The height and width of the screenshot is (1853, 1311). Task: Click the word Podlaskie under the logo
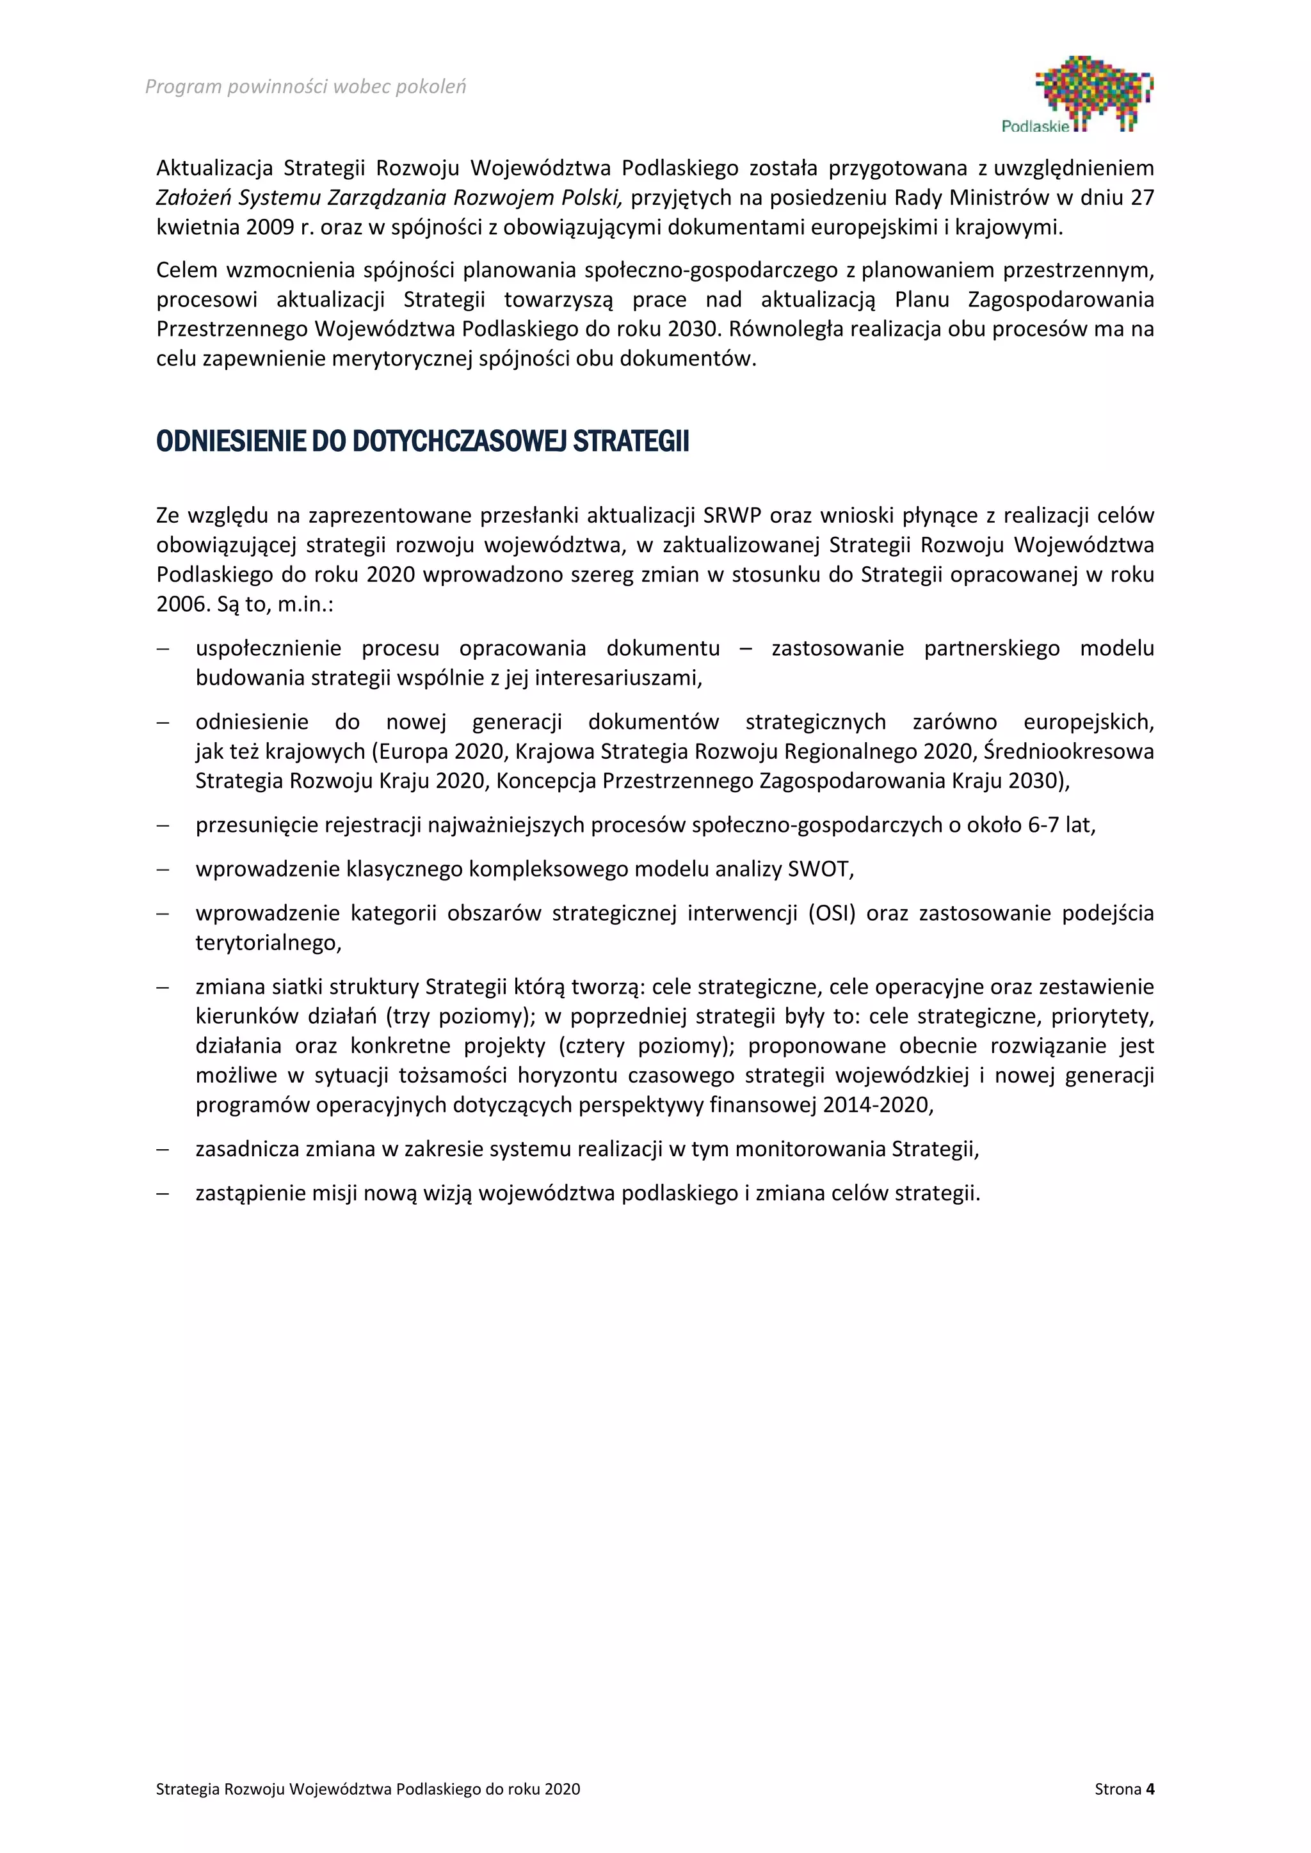pos(1035,127)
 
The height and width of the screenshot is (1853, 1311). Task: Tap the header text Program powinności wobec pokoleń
pos(305,87)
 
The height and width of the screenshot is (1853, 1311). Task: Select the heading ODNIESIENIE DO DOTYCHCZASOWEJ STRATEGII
pos(422,442)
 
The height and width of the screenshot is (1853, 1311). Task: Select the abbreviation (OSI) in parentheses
pos(832,913)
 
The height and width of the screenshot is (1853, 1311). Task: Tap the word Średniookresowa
pos(1068,751)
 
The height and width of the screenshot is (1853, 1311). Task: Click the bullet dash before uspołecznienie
pos(163,649)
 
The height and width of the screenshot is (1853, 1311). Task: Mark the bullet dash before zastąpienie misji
pos(163,1193)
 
